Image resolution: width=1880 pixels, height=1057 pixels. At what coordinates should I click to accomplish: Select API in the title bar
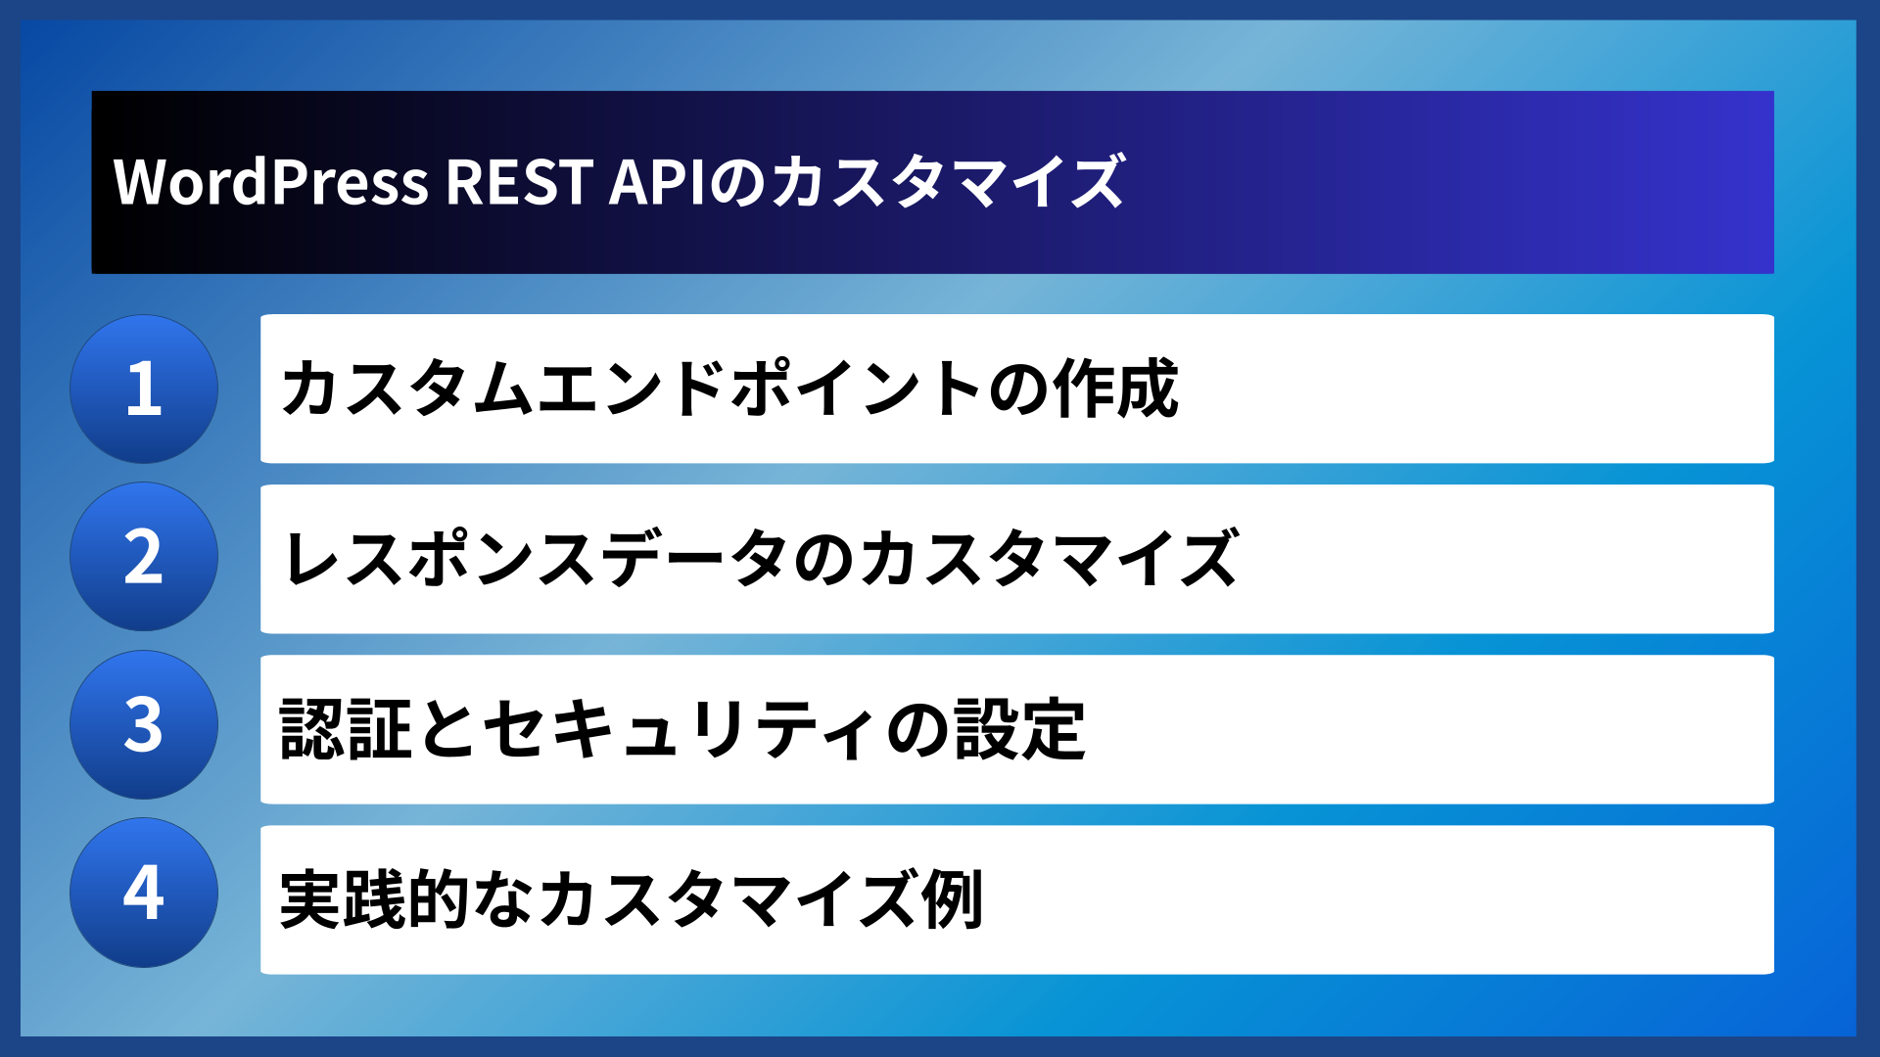(656, 182)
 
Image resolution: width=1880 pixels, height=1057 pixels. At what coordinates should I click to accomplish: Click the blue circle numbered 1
(144, 389)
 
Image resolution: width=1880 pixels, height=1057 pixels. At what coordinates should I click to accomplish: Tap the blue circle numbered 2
(144, 557)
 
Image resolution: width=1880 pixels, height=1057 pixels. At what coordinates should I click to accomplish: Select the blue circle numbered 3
(144, 725)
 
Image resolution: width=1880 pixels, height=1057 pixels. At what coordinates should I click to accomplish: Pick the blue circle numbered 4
(144, 893)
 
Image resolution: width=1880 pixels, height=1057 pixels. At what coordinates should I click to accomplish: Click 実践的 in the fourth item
(376, 899)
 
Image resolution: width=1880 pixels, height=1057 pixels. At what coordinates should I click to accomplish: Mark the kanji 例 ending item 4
(953, 899)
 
